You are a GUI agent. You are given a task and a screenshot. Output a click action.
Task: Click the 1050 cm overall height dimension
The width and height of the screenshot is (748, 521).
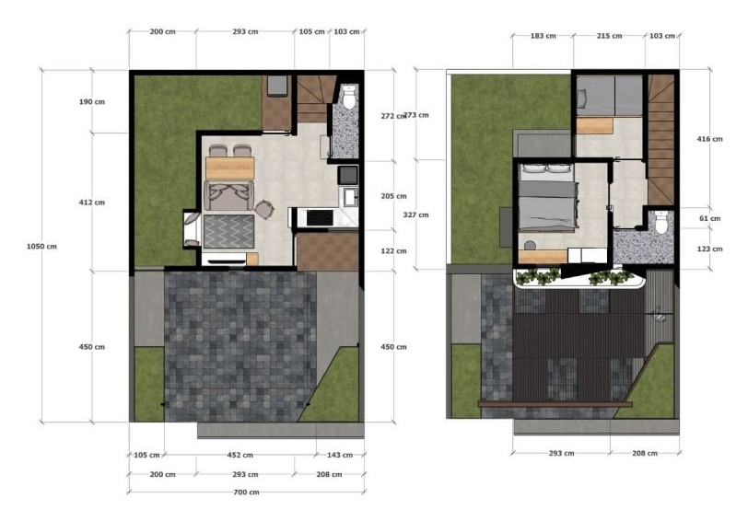(41, 247)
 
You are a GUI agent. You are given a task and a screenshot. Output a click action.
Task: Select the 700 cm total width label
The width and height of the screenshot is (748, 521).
(246, 492)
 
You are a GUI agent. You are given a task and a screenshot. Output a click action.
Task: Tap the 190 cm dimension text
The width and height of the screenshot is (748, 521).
(91, 101)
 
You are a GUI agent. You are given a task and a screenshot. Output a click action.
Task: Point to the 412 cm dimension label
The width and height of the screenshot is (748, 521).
(91, 203)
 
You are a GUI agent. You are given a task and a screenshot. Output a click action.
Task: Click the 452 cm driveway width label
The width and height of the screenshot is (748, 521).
(240, 455)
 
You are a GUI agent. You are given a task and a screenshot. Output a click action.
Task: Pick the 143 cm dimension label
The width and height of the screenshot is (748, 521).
(340, 455)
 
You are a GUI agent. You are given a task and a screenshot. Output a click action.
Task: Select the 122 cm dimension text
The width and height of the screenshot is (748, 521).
(393, 250)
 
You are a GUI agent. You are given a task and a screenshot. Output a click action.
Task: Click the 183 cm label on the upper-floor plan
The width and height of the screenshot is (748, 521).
(543, 36)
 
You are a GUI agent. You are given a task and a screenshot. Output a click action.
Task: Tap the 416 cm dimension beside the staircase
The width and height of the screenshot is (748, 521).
(709, 139)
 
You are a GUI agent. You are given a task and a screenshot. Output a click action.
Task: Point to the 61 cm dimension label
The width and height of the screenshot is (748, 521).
(709, 218)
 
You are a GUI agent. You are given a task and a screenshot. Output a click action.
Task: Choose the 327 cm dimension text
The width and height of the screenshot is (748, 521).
(415, 214)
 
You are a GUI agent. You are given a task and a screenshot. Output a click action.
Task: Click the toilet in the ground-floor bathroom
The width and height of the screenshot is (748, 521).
(350, 97)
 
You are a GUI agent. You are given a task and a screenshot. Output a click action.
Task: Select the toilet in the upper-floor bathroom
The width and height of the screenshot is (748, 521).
(661, 222)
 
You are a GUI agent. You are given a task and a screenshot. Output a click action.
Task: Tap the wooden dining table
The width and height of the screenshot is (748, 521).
(230, 168)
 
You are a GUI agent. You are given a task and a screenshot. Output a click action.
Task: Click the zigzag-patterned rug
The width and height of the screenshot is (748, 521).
(229, 231)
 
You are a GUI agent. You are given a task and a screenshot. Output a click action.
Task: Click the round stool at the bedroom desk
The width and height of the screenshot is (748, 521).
(530, 246)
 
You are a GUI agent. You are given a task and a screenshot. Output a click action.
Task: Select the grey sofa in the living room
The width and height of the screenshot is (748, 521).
(228, 195)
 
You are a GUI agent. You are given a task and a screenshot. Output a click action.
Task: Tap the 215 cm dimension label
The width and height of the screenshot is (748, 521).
(609, 36)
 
